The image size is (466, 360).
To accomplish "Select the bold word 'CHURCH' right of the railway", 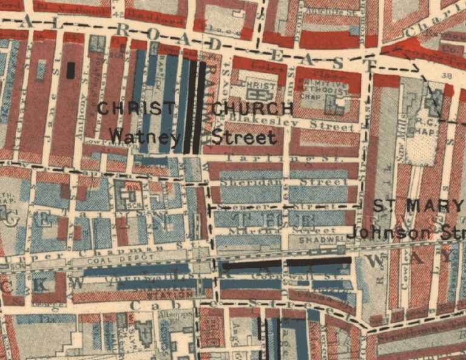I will click(x=252, y=109).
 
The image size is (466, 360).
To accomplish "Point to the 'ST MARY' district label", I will click(x=419, y=206).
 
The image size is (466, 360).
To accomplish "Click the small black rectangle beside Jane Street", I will click(x=71, y=70).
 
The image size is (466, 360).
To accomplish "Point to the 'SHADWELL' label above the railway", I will click(x=322, y=239).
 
